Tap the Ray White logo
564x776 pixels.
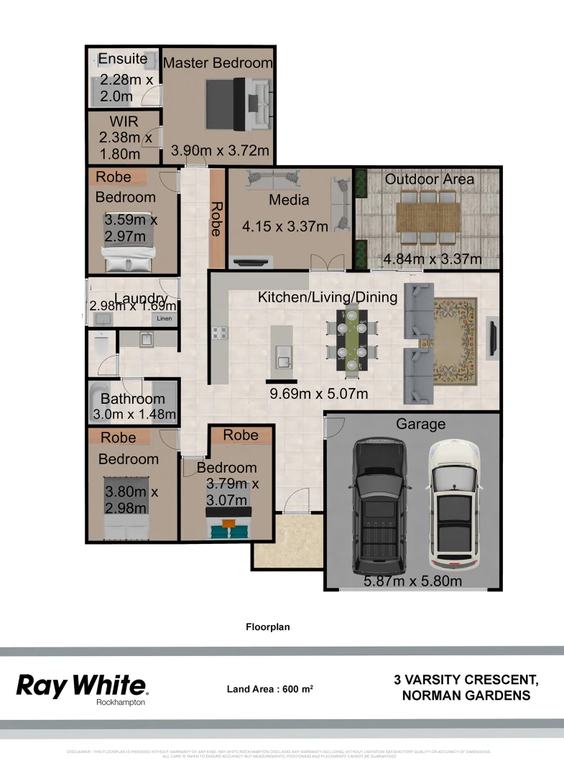(81, 686)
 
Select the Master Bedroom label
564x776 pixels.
(218, 63)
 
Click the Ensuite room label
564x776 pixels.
(122, 58)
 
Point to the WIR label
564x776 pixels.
(124, 121)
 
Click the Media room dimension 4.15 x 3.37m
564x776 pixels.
(285, 226)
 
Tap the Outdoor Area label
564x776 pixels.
(430, 178)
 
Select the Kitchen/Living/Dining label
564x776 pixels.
(328, 297)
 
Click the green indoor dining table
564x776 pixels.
(352, 339)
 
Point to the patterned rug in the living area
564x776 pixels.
(454, 341)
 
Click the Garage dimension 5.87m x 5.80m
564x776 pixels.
(412, 581)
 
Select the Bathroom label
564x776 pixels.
(132, 399)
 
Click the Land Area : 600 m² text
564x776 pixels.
(269, 688)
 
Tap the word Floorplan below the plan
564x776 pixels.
(267, 627)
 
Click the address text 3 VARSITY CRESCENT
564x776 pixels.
(466, 679)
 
